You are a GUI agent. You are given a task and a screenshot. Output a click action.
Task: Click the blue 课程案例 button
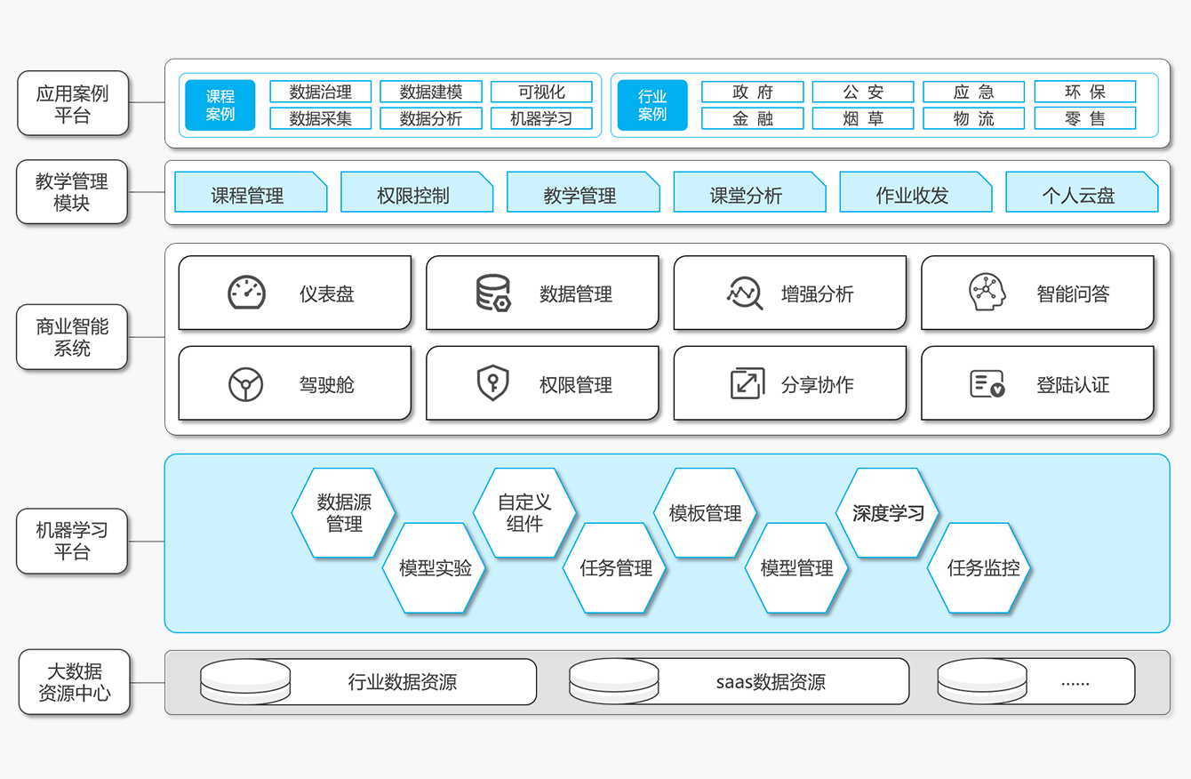[x=220, y=105]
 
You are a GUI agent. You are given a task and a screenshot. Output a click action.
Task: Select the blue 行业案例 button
[x=652, y=105]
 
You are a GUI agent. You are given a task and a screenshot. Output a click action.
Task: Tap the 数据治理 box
[x=321, y=92]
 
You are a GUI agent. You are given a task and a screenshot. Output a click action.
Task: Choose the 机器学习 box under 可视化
[x=541, y=118]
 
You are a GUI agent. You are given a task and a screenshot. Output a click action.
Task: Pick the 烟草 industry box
[x=863, y=118]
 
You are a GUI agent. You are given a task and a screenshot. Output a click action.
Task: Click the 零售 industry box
[x=1085, y=118]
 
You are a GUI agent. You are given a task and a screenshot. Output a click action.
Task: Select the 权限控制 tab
[x=417, y=191]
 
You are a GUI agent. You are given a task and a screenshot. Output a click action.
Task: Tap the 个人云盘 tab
[x=1082, y=191]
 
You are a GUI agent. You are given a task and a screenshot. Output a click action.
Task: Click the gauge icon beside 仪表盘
[x=247, y=293]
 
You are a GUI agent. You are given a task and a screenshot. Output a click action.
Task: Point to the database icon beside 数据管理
[x=493, y=293]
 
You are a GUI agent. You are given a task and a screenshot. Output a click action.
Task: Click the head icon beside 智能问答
[x=987, y=292]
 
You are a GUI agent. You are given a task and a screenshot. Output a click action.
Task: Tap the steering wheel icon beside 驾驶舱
[x=245, y=384]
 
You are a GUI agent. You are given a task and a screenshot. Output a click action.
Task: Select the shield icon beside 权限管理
[x=493, y=382]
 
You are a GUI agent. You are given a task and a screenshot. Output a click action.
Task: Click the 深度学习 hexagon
[x=887, y=513]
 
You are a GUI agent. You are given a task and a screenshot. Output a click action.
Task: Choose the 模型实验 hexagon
[x=435, y=567]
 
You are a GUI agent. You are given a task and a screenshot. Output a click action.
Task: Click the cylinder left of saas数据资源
[x=614, y=681]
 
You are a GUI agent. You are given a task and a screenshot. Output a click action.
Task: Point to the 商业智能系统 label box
[x=72, y=337]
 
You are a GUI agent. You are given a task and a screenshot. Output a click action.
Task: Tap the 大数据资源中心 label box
[x=75, y=681]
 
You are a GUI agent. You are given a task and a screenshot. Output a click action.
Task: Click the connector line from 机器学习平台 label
[x=147, y=542]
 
